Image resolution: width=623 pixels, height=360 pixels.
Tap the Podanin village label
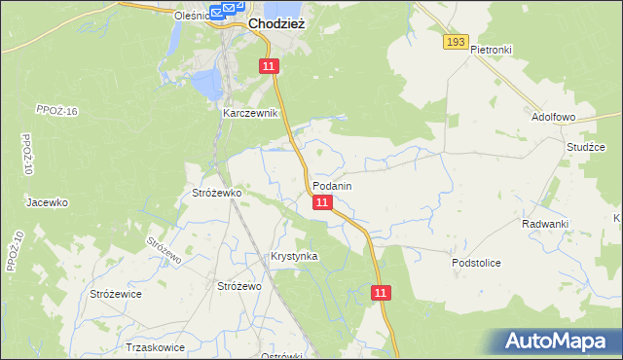[332, 185]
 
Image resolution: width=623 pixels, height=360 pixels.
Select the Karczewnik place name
[251, 113]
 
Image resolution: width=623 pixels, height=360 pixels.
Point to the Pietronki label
[491, 49]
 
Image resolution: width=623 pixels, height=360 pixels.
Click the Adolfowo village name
[554, 116]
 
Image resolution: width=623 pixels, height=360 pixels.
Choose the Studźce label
[586, 147]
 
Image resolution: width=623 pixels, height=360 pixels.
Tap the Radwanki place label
[545, 224]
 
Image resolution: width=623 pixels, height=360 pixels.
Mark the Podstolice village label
[476, 263]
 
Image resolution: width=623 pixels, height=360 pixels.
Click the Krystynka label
[294, 256]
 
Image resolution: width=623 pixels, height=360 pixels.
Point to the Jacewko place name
[47, 202]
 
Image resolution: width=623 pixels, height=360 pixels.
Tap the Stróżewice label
[116, 293]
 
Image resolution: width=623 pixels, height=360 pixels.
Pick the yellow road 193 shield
[456, 42]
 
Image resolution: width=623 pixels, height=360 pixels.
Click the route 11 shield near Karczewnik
[270, 66]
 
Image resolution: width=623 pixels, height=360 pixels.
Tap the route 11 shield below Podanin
[323, 202]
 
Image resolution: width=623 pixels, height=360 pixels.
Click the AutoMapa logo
[561, 342]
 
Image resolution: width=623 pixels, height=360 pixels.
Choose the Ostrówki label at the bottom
[283, 355]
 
